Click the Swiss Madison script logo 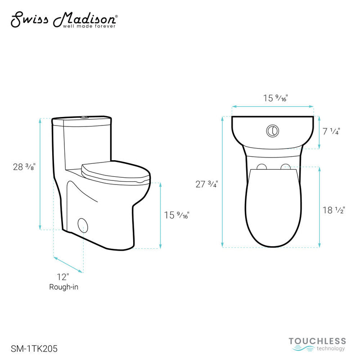[63, 19]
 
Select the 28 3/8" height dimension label [24, 166]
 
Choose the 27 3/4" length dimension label [207, 184]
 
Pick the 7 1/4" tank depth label [331, 131]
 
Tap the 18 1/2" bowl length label [333, 210]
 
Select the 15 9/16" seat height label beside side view [176, 215]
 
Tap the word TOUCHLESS [317, 341]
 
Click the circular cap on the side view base [83, 224]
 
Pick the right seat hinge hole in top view [285, 167]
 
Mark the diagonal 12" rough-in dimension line [68, 265]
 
